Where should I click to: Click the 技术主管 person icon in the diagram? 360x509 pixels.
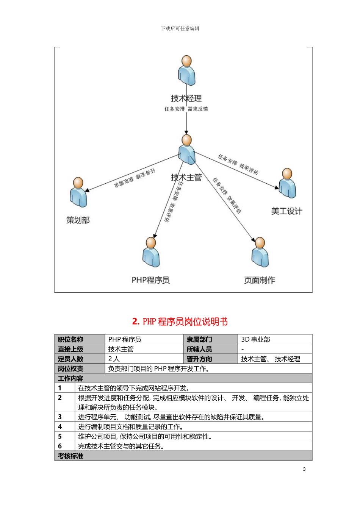[187, 149]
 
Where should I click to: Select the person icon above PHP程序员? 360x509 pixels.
[151, 252]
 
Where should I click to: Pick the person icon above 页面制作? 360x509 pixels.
[260, 252]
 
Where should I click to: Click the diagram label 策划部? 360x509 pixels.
[78, 220]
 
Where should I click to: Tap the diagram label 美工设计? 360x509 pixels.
[286, 211]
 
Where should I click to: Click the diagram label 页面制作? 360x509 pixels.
[260, 280]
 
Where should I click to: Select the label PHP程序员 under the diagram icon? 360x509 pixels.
[150, 280]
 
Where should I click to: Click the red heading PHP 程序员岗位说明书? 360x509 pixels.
[180, 322]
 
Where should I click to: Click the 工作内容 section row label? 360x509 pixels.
[70, 378]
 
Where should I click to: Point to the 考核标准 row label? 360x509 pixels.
[70, 456]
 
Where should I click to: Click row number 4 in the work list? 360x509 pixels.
[60, 426]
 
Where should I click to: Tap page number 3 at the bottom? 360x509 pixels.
[304, 469]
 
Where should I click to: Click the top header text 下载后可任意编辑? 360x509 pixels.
[180, 28]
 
